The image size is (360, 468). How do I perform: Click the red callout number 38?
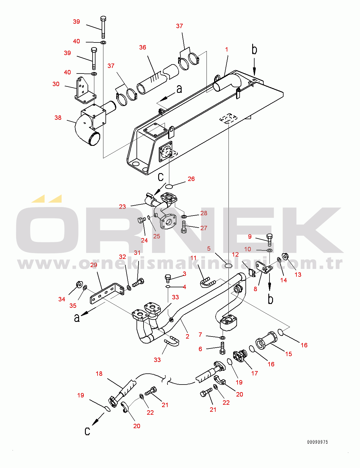[x=58, y=118]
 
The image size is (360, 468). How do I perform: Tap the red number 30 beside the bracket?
[x=56, y=84]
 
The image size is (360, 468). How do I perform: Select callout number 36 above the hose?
[x=143, y=47]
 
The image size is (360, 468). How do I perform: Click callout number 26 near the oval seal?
[x=191, y=179]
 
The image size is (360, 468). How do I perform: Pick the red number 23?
[x=122, y=207]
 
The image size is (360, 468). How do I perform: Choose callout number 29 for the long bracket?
[x=94, y=265]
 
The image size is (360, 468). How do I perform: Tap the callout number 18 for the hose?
[x=99, y=374]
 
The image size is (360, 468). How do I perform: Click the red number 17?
[x=255, y=373]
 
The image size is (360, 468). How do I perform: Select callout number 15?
[x=289, y=354]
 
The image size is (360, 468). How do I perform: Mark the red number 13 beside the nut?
[x=298, y=275]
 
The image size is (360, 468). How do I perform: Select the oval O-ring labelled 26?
[x=169, y=185]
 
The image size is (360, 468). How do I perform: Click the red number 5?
[x=209, y=249]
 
